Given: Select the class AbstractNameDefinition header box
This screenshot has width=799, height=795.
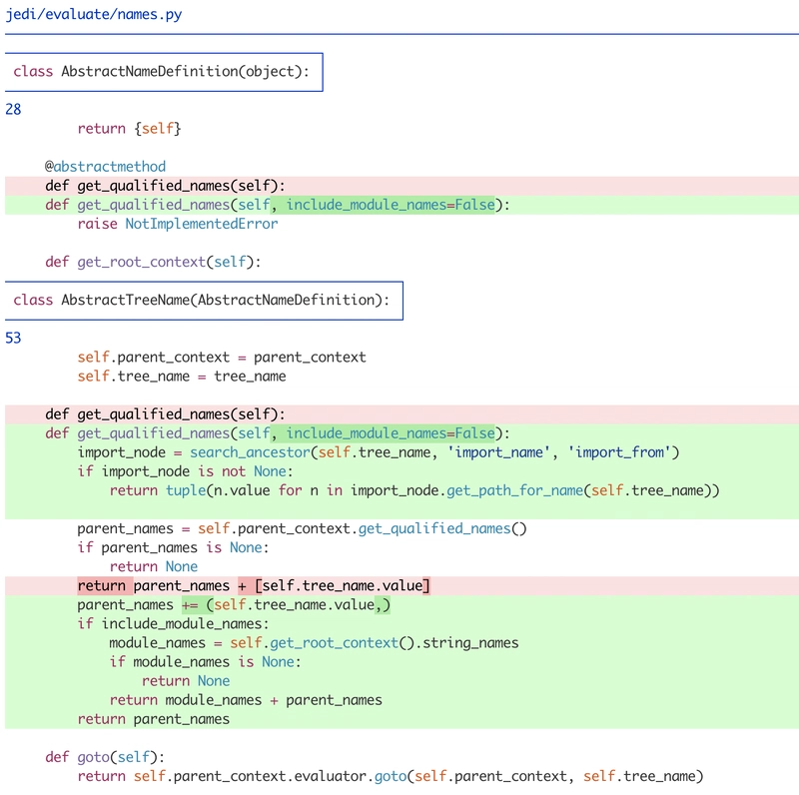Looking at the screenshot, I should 164,72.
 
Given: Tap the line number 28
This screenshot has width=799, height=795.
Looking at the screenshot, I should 13,109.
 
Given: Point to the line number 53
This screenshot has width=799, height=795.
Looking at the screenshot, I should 13,338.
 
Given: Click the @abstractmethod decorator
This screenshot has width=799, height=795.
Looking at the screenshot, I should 105,166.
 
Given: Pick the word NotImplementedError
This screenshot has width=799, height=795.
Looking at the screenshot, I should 201,224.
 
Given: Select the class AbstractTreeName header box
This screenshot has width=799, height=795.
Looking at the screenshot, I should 204,300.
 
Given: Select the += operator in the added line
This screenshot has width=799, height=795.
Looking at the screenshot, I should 189,605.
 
